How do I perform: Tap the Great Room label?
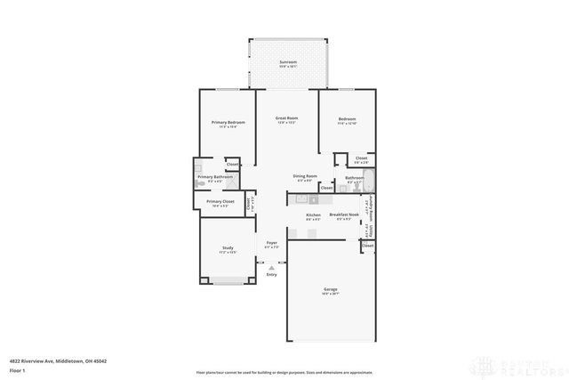pos(285,118)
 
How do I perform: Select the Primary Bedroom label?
pos(228,122)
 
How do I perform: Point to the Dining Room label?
pos(305,176)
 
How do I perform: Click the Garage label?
pos(330,290)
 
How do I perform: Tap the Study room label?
pos(228,248)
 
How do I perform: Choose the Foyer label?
pos(271,243)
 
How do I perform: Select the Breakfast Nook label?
pos(344,214)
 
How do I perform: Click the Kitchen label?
pos(313,215)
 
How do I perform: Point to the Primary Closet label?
pos(220,202)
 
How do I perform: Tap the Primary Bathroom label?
pos(216,177)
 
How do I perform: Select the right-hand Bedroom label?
pos(347,119)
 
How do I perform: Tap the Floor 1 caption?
pos(17,370)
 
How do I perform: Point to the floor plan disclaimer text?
pos(284,370)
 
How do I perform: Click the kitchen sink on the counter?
pos(301,198)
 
